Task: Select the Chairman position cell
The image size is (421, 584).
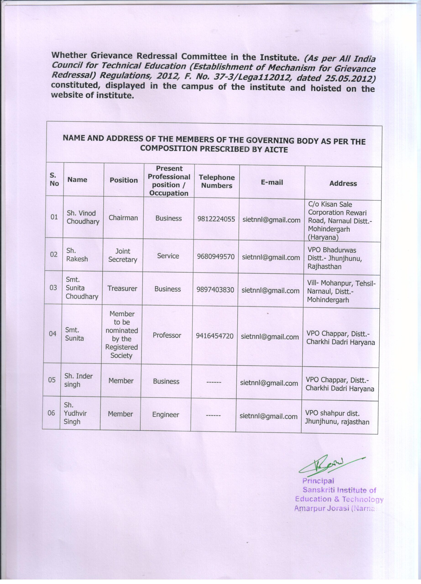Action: tap(123, 218)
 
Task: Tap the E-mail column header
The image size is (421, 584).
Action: tap(272, 182)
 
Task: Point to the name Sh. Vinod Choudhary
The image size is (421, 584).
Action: tap(83, 217)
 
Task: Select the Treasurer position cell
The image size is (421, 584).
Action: tap(122, 288)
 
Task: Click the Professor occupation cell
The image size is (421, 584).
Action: tap(167, 335)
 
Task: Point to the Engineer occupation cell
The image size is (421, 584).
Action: tap(166, 415)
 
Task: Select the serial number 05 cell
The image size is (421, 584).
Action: tap(52, 380)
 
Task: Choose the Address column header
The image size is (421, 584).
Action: tap(343, 183)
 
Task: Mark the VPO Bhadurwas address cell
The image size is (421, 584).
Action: tap(335, 258)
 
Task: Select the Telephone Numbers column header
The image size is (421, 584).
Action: tap(217, 182)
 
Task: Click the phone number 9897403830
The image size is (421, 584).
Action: tap(215, 290)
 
